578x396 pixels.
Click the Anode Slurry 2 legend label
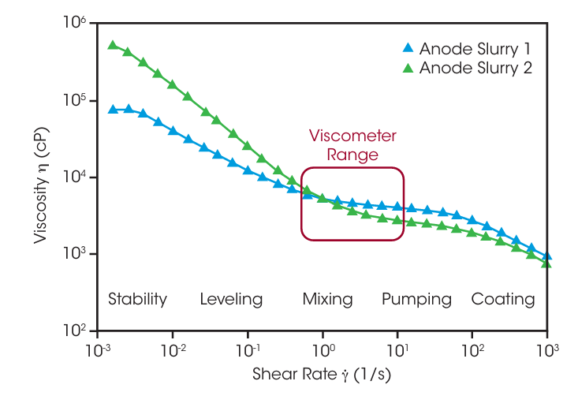click(475, 68)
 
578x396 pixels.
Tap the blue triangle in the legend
click(408, 47)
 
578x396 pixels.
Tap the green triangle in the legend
click(408, 68)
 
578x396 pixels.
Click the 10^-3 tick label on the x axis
click(97, 348)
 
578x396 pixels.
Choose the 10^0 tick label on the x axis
click(323, 348)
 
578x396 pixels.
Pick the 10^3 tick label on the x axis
click(548, 348)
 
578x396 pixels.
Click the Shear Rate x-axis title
click(323, 373)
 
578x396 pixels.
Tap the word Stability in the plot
click(137, 299)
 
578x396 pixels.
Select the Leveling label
click(231, 299)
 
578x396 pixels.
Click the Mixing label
click(327, 299)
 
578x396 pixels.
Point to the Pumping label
click(416, 299)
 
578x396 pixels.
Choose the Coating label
click(502, 299)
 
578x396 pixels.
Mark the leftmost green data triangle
click(113, 45)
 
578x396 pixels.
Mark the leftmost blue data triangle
click(113, 110)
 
